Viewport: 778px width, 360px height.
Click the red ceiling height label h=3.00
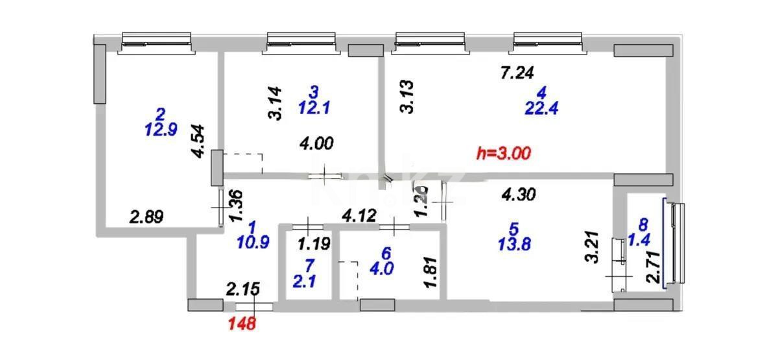[504, 154]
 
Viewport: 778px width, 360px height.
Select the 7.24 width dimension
[517, 74]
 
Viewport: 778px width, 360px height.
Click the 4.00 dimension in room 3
[317, 144]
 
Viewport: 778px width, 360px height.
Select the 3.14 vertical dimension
[276, 104]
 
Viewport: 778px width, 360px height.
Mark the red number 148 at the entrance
[241, 322]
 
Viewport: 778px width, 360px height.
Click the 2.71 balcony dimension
[653, 267]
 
